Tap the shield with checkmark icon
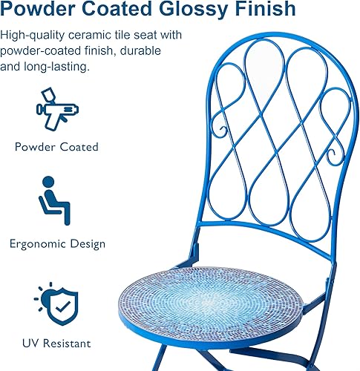click(x=57, y=303)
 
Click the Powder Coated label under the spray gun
click(x=56, y=147)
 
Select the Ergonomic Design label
click(x=57, y=244)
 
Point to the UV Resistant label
click(x=57, y=344)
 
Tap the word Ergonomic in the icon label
click(x=39, y=244)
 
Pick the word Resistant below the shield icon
click(x=67, y=344)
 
